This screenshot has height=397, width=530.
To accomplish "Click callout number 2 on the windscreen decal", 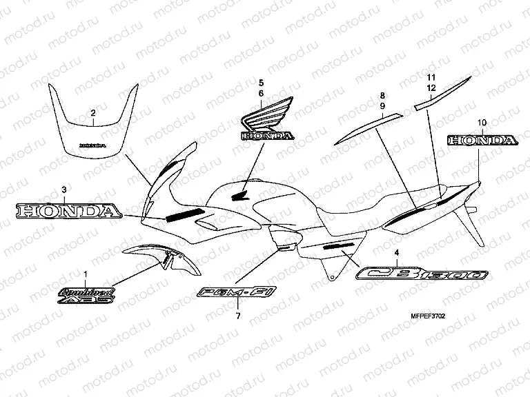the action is (93, 112).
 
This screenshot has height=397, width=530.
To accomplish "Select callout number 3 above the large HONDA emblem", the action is (64, 189).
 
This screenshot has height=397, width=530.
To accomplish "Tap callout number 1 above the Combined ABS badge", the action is (86, 274).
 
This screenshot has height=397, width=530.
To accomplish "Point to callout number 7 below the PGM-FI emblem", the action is (238, 316).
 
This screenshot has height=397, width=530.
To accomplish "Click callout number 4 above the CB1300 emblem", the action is (396, 252).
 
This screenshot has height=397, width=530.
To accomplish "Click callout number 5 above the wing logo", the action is (262, 82).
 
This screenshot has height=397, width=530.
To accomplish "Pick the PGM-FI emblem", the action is (237, 294).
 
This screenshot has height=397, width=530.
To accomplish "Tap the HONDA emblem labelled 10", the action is (482, 141).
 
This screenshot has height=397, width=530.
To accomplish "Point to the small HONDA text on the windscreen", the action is (92, 146).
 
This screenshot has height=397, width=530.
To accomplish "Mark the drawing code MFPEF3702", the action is (427, 317).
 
